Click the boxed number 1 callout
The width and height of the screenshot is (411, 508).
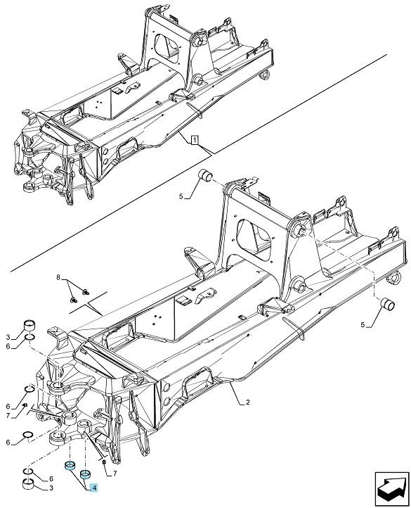pyautogui.click(x=194, y=140)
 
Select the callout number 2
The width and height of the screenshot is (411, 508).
pyautogui.click(x=247, y=402)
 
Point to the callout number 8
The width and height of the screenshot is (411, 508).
pyautogui.click(x=58, y=277)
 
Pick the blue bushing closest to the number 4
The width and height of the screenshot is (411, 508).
pyautogui.click(x=85, y=474)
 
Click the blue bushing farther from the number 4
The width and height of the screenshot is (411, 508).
pyautogui.click(x=70, y=465)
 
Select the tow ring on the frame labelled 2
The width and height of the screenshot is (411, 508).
pyautogui.click(x=395, y=278)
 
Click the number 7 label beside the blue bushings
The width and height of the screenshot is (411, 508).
pyautogui.click(x=115, y=474)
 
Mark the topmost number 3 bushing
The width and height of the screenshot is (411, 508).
pyautogui.click(x=30, y=325)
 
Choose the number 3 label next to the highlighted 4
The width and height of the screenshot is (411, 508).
pyautogui.click(x=51, y=488)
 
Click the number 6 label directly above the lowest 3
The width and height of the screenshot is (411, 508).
pyautogui.click(x=51, y=479)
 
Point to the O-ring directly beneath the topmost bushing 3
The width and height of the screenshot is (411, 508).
pyautogui.click(x=30, y=338)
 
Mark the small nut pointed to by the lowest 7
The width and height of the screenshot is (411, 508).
pyautogui.click(x=103, y=462)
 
